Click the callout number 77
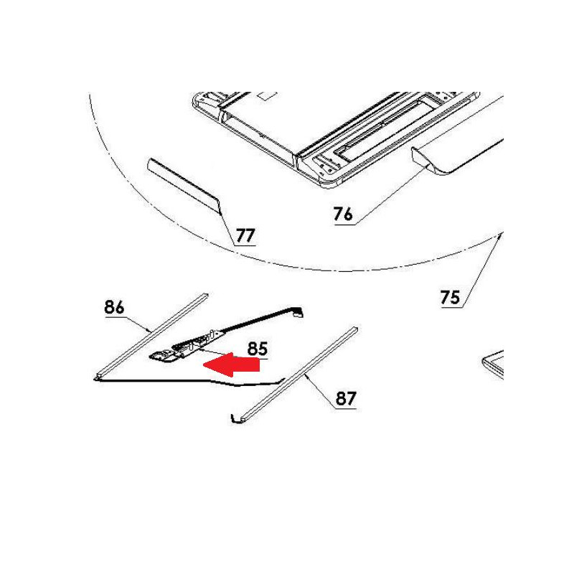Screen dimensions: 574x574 (x=245, y=235)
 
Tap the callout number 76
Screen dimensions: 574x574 (x=343, y=214)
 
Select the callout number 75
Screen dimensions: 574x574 (x=450, y=297)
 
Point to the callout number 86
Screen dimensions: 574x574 (x=114, y=307)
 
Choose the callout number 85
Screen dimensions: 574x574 (x=258, y=349)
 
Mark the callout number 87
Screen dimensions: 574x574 (x=346, y=398)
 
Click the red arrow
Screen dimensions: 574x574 (x=231, y=364)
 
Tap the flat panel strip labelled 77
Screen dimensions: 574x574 (x=184, y=186)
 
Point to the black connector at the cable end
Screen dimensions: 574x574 (x=298, y=312)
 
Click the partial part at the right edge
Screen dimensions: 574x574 (x=493, y=364)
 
